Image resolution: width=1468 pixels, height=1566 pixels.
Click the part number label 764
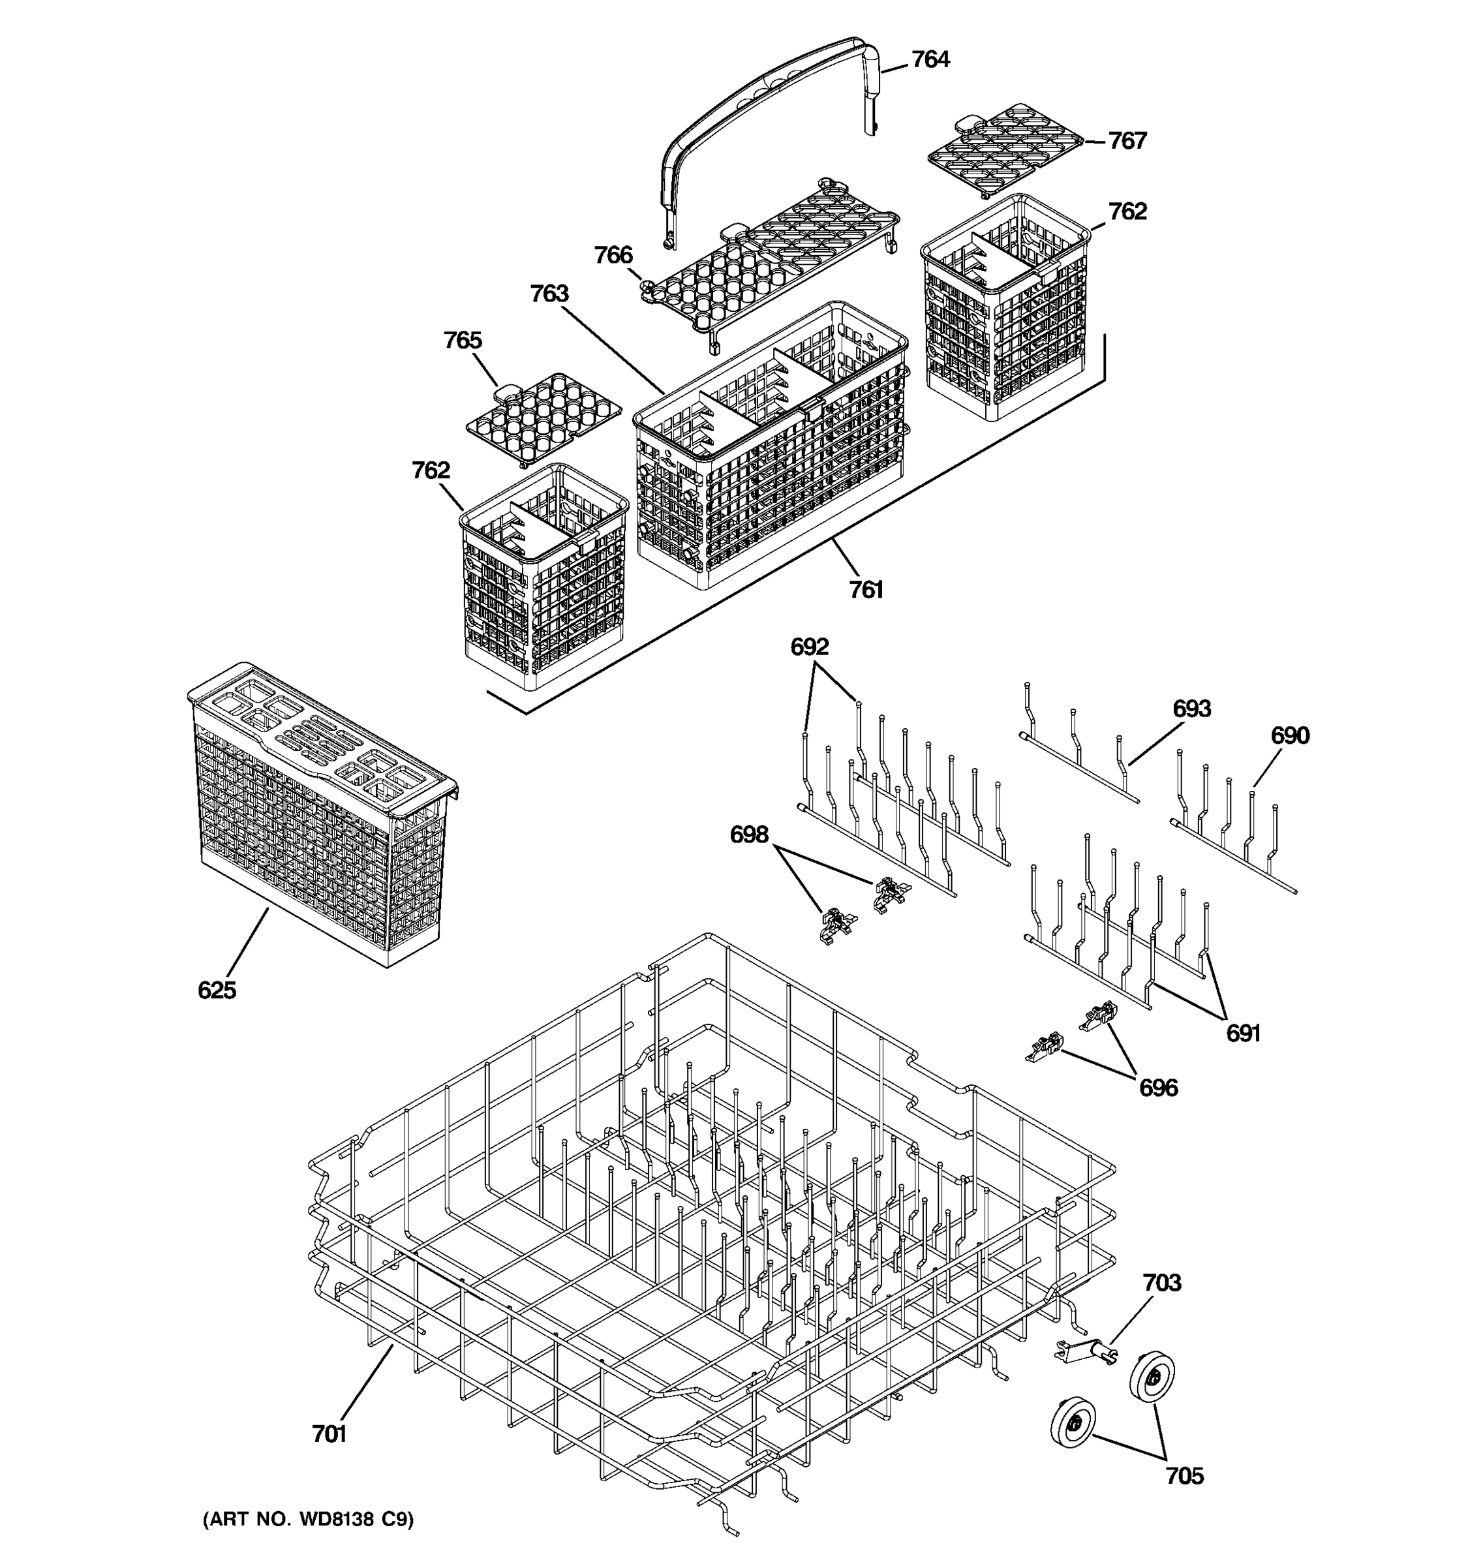(x=930, y=60)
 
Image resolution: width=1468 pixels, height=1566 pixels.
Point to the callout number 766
(x=613, y=255)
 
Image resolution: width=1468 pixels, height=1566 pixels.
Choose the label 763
(x=549, y=294)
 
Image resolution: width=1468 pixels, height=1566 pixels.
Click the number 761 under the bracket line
(x=866, y=590)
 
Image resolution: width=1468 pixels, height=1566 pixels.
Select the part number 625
(x=217, y=990)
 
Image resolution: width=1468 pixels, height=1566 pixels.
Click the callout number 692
(x=810, y=647)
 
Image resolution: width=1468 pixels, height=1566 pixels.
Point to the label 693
(x=1191, y=709)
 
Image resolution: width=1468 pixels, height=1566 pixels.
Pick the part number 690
(x=1290, y=736)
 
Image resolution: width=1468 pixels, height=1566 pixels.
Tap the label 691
(x=1243, y=1034)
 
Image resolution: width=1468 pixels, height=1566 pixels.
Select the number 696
(x=1157, y=1088)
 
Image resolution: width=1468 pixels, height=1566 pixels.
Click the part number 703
(x=1161, y=1283)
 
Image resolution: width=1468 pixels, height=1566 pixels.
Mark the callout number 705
(x=1184, y=1476)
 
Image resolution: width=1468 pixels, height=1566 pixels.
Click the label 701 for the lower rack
(x=329, y=1434)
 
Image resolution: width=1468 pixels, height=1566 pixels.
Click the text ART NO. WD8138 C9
(x=308, y=1520)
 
